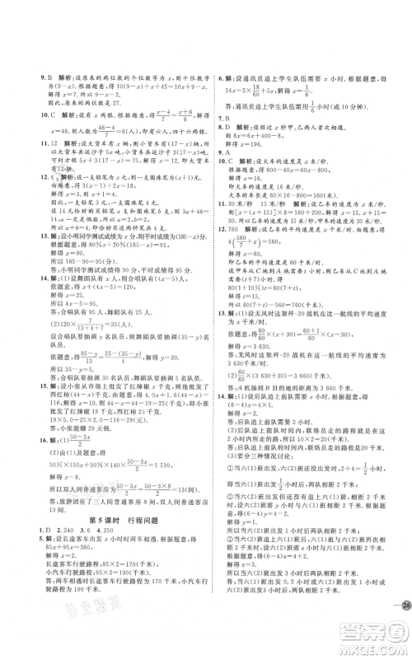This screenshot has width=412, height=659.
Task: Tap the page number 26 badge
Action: (x=391, y=608)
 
